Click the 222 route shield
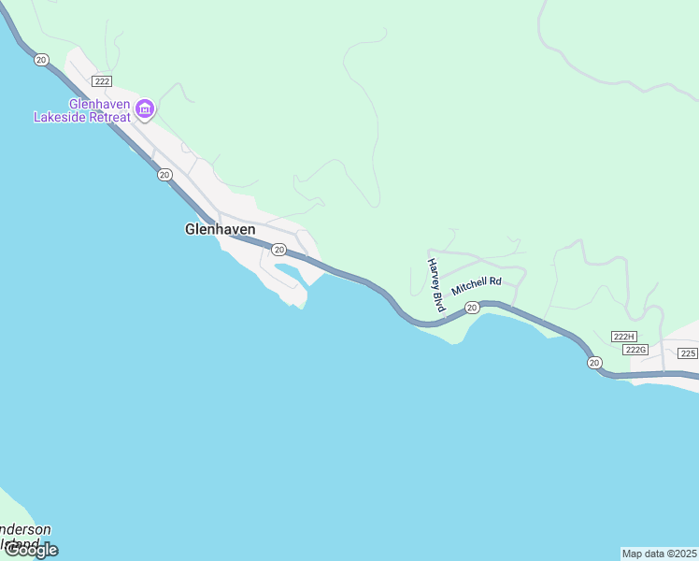point(103,81)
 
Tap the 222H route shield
point(623,337)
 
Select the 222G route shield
point(635,350)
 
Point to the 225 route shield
point(689,352)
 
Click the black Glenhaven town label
point(221,228)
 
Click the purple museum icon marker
point(145,109)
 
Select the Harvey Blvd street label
point(435,284)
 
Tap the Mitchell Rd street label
point(477,286)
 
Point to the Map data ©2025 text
point(659,554)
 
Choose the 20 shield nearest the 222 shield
point(41,59)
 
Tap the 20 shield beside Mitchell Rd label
point(472,308)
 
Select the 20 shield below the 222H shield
point(594,362)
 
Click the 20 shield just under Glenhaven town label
point(278,249)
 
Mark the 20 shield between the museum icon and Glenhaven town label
point(164,174)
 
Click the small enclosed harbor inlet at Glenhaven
point(290,273)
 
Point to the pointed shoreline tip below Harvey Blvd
point(455,342)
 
